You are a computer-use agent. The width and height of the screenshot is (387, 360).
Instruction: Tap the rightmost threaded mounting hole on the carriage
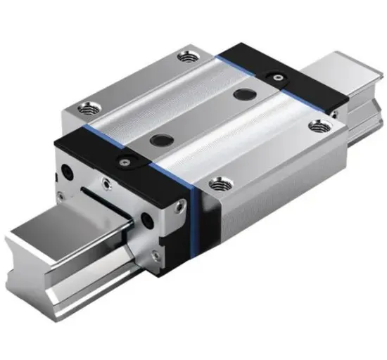319,127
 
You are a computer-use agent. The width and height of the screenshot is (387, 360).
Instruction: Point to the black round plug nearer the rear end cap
246,95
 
